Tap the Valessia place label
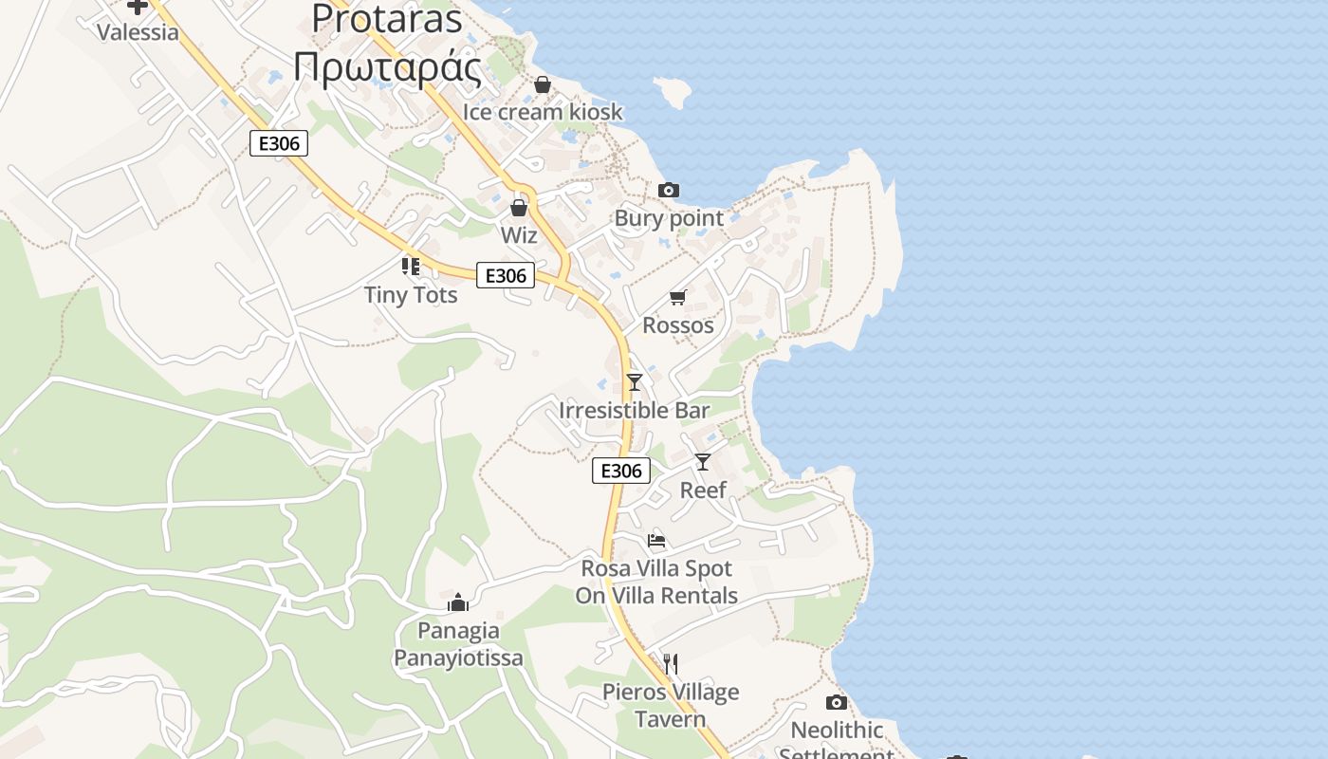pyautogui.click(x=138, y=32)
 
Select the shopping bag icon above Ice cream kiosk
pyautogui.click(x=543, y=84)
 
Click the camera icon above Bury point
pyautogui.click(x=669, y=191)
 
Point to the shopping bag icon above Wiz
pyautogui.click(x=519, y=207)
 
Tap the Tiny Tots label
pyautogui.click(x=411, y=295)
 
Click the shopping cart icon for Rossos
pyautogui.click(x=677, y=298)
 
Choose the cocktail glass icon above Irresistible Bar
pyautogui.click(x=635, y=381)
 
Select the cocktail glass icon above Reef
pyautogui.click(x=703, y=462)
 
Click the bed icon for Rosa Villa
pyautogui.click(x=656, y=542)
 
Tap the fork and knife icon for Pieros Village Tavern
pyautogui.click(x=671, y=663)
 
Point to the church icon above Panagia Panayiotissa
pyautogui.click(x=458, y=602)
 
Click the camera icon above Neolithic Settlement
pyautogui.click(x=836, y=703)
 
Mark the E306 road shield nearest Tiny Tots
pyautogui.click(x=505, y=275)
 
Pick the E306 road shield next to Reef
pyautogui.click(x=621, y=471)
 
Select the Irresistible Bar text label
pyautogui.click(x=634, y=411)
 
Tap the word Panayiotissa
pyautogui.click(x=458, y=657)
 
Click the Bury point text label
pyautogui.click(x=669, y=218)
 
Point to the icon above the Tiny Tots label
pyautogui.click(x=411, y=267)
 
